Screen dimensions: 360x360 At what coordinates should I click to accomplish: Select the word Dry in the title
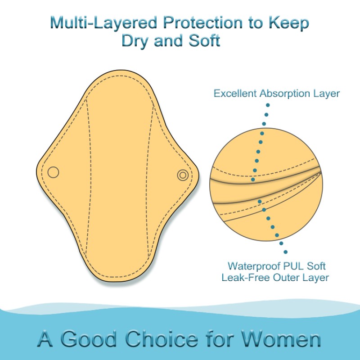click(135, 41)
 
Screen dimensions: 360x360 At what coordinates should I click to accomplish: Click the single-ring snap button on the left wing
click(53, 172)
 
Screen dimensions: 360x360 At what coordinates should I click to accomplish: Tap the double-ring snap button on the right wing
click(183, 175)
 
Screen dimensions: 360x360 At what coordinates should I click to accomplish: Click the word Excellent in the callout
click(236, 94)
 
